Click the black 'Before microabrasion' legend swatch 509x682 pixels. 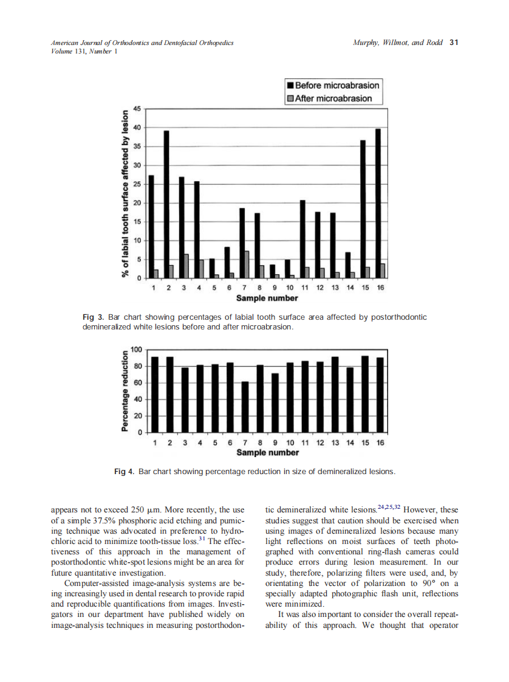(x=290, y=85)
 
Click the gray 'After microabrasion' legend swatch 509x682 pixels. (x=290, y=98)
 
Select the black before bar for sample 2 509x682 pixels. (x=166, y=204)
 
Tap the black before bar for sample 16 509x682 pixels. (x=378, y=203)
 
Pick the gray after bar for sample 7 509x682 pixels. (x=247, y=264)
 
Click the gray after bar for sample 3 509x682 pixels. (x=186, y=266)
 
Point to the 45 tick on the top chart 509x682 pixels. (x=137, y=108)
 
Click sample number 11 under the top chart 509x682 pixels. (x=305, y=287)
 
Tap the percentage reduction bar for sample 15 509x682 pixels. (x=365, y=394)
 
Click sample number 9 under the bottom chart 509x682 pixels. (x=275, y=443)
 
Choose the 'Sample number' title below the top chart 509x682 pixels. (x=267, y=298)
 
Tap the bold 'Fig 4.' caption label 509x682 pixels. (x=125, y=471)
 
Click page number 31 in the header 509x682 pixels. (x=454, y=43)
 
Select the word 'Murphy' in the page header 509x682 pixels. (x=366, y=43)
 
